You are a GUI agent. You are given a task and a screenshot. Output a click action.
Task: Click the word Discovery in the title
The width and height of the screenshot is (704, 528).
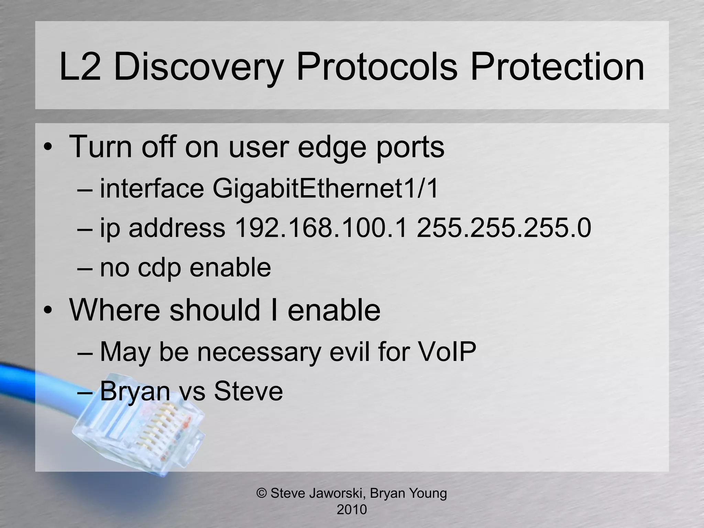(x=198, y=67)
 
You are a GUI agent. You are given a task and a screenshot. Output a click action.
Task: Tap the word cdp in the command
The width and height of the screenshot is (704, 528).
(x=159, y=268)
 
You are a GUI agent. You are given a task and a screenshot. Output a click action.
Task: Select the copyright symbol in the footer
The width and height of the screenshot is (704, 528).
(x=262, y=493)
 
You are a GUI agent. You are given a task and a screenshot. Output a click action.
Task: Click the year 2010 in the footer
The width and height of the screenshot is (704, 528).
(x=352, y=509)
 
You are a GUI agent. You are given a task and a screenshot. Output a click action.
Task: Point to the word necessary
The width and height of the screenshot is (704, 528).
(x=258, y=352)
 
